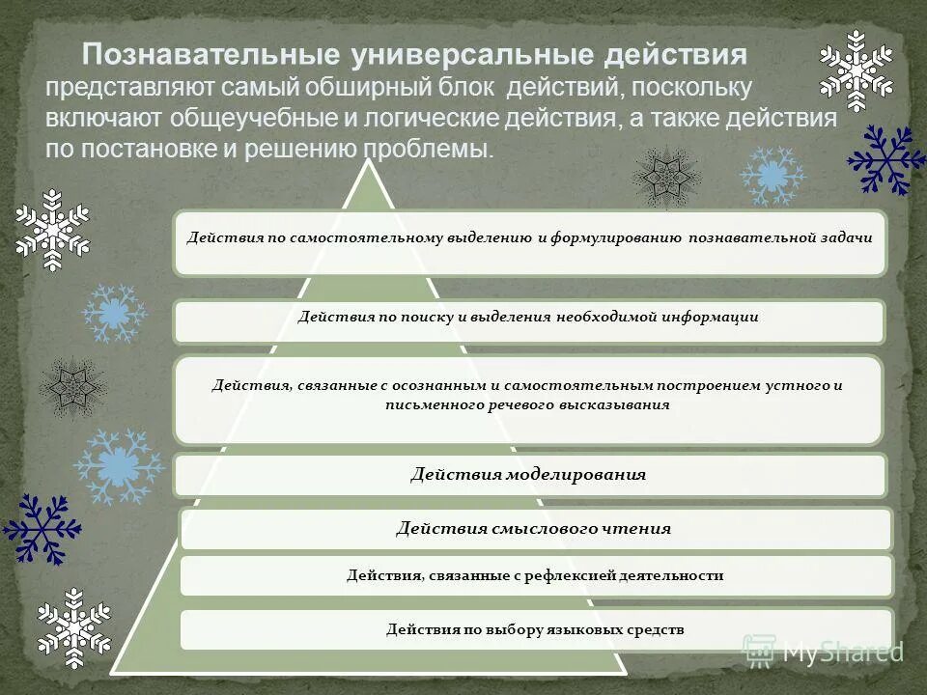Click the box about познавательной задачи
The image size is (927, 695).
[529, 242]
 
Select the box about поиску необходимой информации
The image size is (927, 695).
[529, 321]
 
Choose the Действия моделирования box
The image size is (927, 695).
[529, 475]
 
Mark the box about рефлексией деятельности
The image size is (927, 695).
[535, 575]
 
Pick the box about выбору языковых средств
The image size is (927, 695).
[535, 629]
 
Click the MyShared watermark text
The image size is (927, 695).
[840, 652]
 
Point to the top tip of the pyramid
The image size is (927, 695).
[368, 162]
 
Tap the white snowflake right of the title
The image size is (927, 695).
[856, 70]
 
